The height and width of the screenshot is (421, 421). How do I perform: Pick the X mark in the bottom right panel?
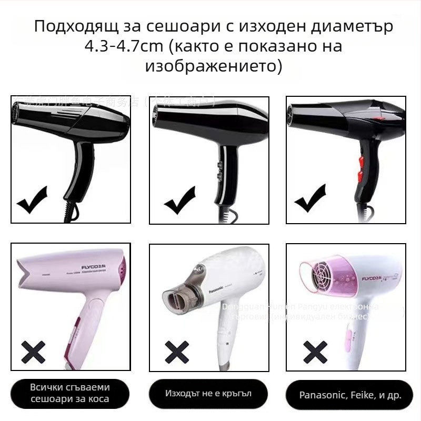click(x=315, y=350)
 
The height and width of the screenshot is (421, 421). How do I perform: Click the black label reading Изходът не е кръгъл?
click(x=208, y=394)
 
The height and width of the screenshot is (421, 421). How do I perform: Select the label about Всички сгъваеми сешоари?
click(x=70, y=393)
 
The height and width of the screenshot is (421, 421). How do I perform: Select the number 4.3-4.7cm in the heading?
click(x=125, y=46)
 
